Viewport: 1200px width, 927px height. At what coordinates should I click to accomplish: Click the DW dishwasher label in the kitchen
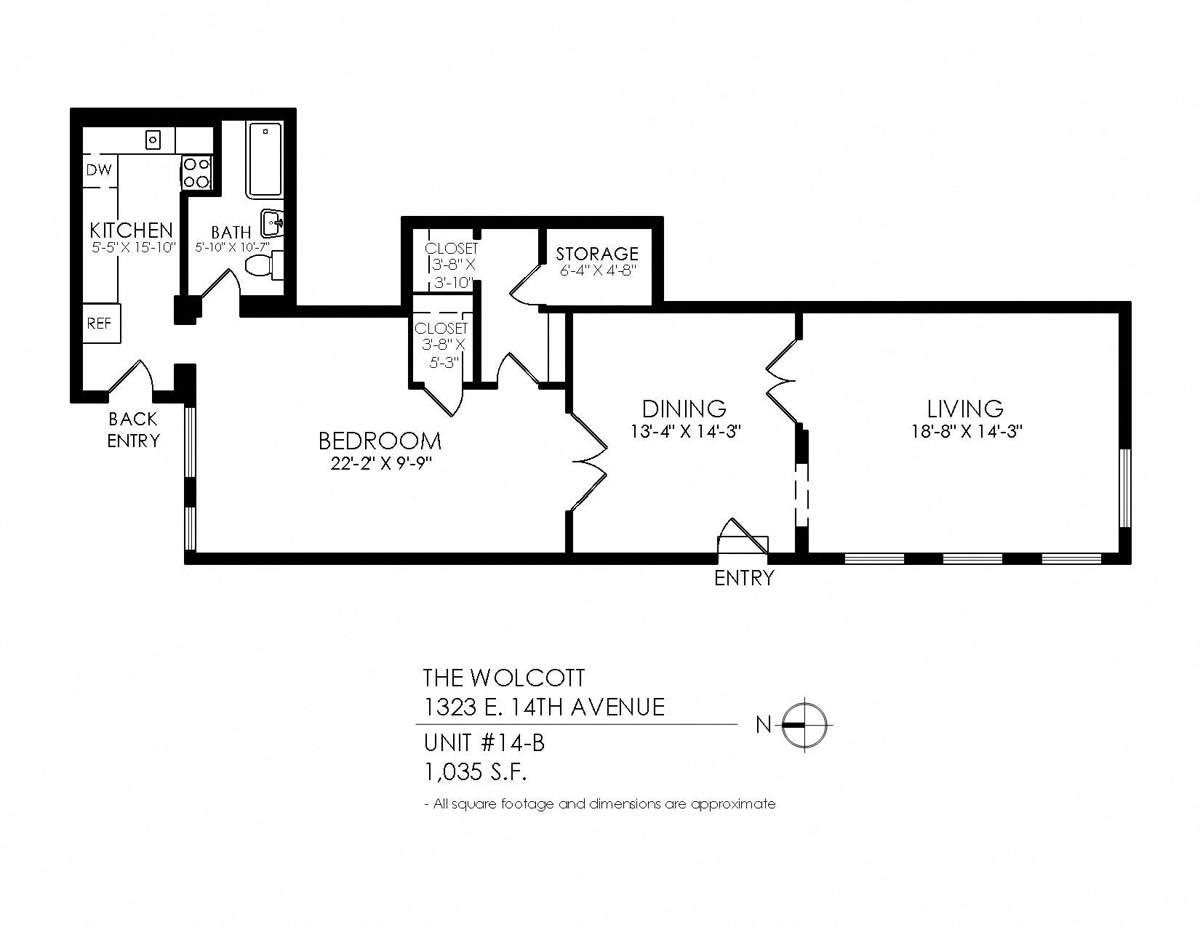click(x=100, y=170)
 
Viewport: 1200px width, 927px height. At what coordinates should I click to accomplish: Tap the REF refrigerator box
click(x=100, y=322)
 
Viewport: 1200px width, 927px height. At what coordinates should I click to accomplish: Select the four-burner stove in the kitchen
click(x=196, y=173)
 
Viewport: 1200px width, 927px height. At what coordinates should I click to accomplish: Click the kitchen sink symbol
click(x=153, y=138)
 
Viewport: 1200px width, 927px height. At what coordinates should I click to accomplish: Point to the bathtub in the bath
click(x=265, y=161)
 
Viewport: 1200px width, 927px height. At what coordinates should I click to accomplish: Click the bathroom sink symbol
click(x=274, y=222)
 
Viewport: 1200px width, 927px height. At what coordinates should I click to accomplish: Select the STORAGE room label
click(x=597, y=254)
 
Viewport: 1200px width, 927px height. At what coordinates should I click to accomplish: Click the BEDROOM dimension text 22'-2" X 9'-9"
click(x=381, y=464)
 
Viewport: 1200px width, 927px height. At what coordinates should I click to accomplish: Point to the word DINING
click(x=684, y=409)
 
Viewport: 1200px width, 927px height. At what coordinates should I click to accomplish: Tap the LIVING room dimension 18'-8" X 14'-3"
click(x=967, y=430)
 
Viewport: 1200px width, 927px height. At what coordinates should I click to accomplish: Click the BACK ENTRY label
click(x=133, y=430)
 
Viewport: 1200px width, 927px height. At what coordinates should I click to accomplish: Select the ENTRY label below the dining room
click(x=743, y=578)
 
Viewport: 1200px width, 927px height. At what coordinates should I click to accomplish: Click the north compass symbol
click(x=804, y=724)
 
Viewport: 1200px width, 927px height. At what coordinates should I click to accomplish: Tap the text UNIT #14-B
click(x=484, y=744)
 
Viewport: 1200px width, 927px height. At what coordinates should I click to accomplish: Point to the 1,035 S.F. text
click(x=475, y=772)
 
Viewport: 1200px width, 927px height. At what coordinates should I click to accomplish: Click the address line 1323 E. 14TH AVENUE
click(x=543, y=707)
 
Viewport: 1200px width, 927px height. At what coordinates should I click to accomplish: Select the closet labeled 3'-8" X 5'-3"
click(x=441, y=345)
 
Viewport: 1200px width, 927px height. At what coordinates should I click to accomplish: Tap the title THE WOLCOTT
click(x=503, y=678)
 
